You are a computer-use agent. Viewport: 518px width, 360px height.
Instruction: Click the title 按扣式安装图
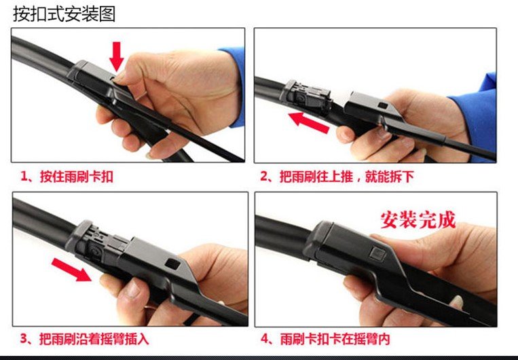[64, 14]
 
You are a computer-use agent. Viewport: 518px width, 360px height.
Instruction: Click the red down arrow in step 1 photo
[116, 56]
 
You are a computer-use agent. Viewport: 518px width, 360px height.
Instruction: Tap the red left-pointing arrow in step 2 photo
[309, 122]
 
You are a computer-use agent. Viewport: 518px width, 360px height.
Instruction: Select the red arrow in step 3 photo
[71, 270]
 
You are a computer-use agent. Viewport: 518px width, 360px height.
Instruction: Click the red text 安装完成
[418, 219]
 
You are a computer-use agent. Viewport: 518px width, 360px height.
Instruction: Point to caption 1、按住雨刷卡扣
[67, 177]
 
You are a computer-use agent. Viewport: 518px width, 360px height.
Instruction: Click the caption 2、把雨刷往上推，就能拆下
[337, 177]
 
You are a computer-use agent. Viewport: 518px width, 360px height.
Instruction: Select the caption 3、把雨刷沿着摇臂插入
[85, 339]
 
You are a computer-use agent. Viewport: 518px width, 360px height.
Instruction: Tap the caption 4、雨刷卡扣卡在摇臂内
[325, 339]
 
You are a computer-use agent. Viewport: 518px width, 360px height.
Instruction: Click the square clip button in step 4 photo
[377, 254]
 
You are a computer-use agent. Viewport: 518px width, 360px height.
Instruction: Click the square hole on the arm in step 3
[172, 264]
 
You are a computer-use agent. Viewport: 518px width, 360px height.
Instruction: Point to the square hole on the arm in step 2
[382, 105]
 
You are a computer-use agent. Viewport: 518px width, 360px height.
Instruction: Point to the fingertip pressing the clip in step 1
[119, 77]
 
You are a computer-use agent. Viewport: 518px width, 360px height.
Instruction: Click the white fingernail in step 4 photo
[457, 302]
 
